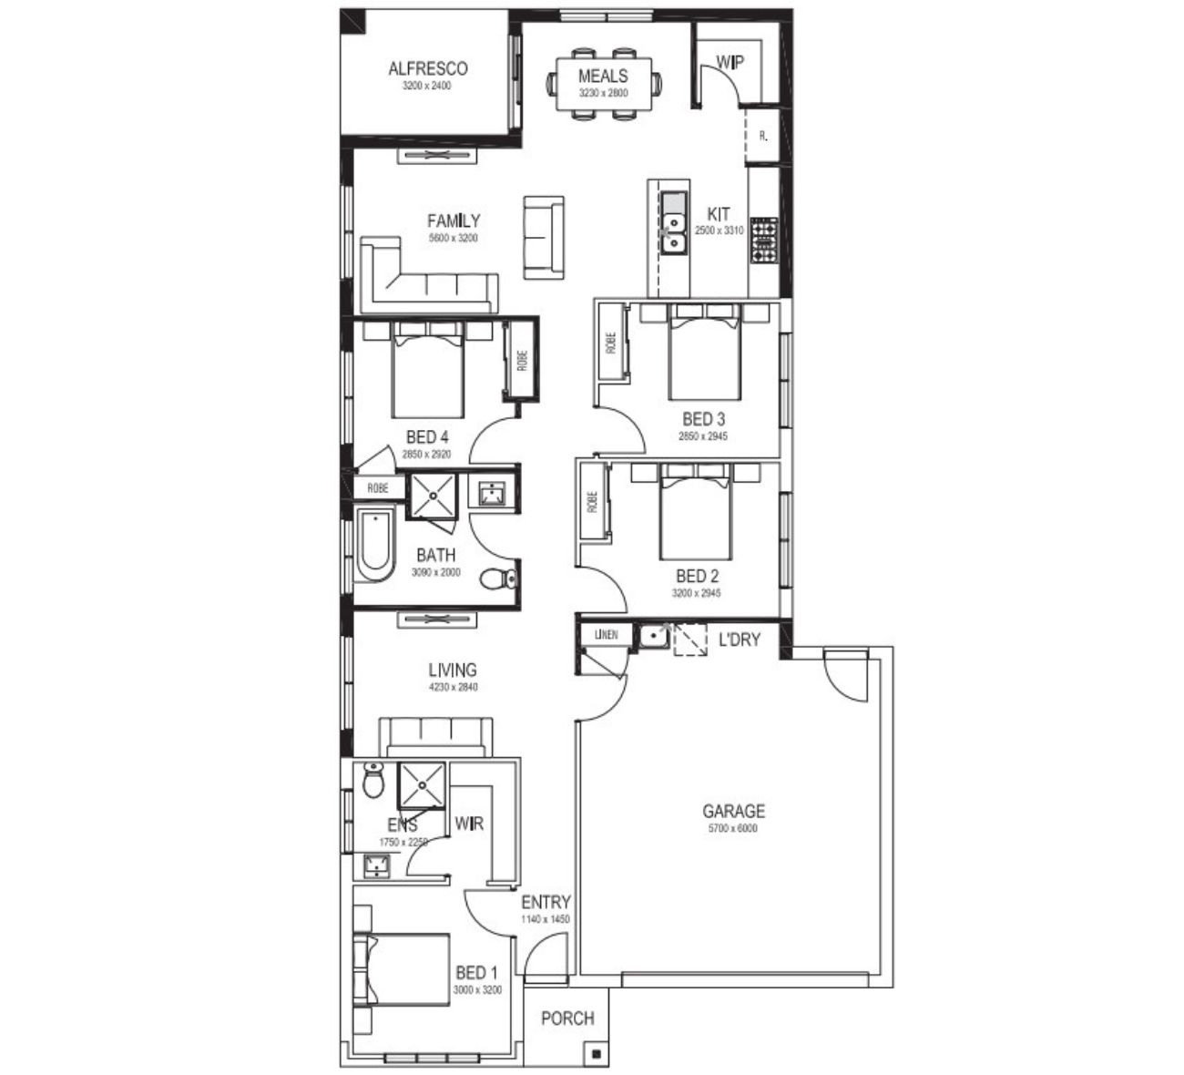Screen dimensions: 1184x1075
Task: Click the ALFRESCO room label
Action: click(428, 69)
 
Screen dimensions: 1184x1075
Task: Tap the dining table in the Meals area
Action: click(604, 83)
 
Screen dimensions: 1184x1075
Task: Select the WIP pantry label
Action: click(730, 62)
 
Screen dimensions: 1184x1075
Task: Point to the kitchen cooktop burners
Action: click(764, 240)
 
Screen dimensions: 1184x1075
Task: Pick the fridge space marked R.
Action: click(763, 136)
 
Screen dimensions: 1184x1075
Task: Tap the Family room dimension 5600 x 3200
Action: click(454, 238)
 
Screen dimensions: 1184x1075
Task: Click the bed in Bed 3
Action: click(704, 352)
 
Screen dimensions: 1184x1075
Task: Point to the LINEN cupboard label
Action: click(607, 634)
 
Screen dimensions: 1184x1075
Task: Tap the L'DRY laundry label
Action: click(740, 640)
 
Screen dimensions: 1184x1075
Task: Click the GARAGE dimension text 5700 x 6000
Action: click(733, 828)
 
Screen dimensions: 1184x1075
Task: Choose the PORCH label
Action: click(567, 1019)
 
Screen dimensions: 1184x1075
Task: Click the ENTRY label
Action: click(546, 902)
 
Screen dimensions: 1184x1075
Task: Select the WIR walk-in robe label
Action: click(469, 824)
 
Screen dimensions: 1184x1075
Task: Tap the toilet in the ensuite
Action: click(373, 780)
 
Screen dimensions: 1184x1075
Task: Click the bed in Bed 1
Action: click(402, 970)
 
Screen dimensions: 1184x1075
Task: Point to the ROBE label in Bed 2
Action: click(593, 502)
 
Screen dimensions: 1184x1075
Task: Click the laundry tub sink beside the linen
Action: click(653, 636)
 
